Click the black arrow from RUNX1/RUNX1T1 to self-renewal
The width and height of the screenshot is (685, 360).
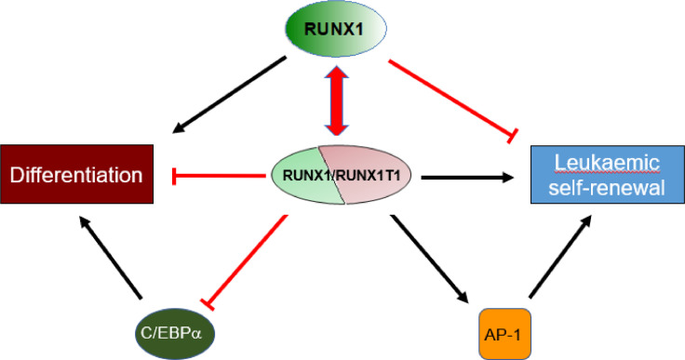coord(465,174)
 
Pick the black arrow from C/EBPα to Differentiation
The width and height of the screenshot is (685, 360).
coord(113,260)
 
